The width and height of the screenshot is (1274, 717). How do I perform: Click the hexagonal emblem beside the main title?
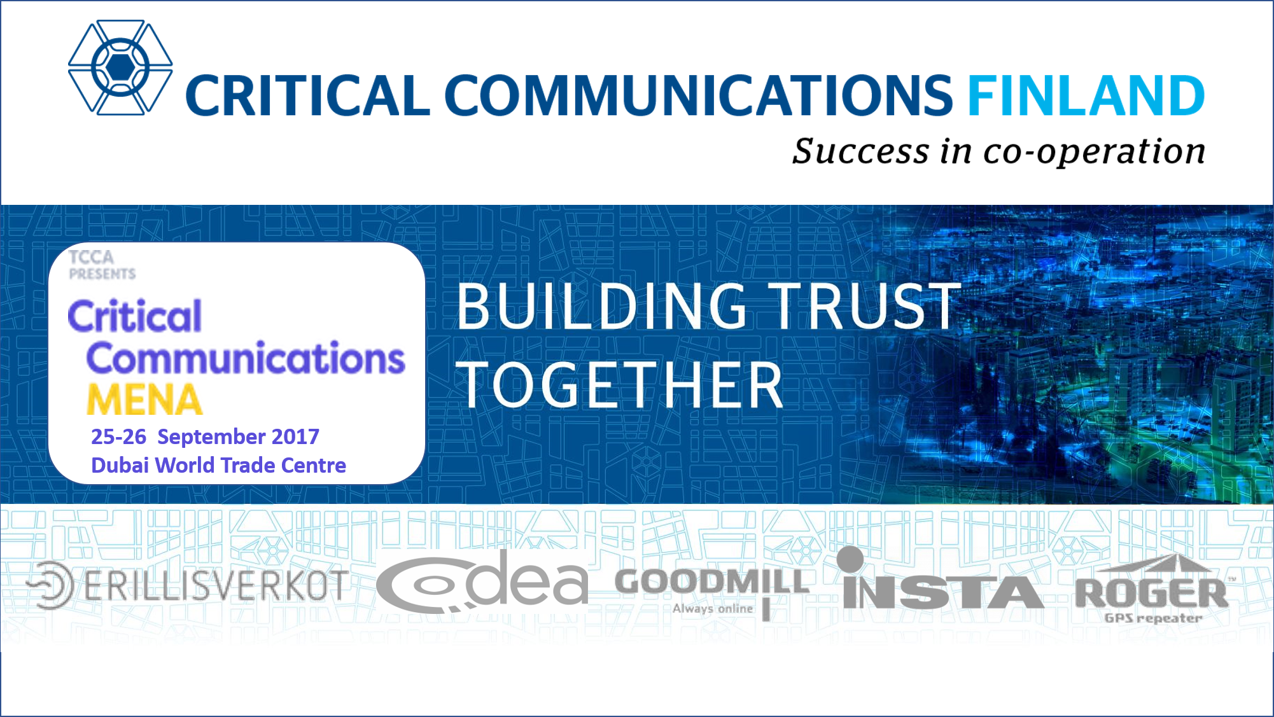pos(120,67)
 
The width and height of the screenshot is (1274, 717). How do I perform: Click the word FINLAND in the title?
pos(1086,95)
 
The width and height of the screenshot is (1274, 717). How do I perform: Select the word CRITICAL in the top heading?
pos(307,95)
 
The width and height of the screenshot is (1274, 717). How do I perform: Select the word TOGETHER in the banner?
pos(619,385)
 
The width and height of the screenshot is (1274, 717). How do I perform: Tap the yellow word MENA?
pos(144,400)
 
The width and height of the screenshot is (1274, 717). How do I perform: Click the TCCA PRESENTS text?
pos(102,265)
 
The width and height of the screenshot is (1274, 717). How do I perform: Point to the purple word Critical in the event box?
pos(135,316)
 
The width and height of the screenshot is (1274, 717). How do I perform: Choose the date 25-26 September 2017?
pos(205,436)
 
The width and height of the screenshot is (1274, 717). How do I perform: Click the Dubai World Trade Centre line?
pos(218,465)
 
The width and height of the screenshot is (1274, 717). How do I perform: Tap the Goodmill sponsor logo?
pos(712,590)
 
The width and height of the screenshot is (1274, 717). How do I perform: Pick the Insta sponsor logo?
pos(942,579)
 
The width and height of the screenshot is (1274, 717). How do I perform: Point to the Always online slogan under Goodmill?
pos(713,609)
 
